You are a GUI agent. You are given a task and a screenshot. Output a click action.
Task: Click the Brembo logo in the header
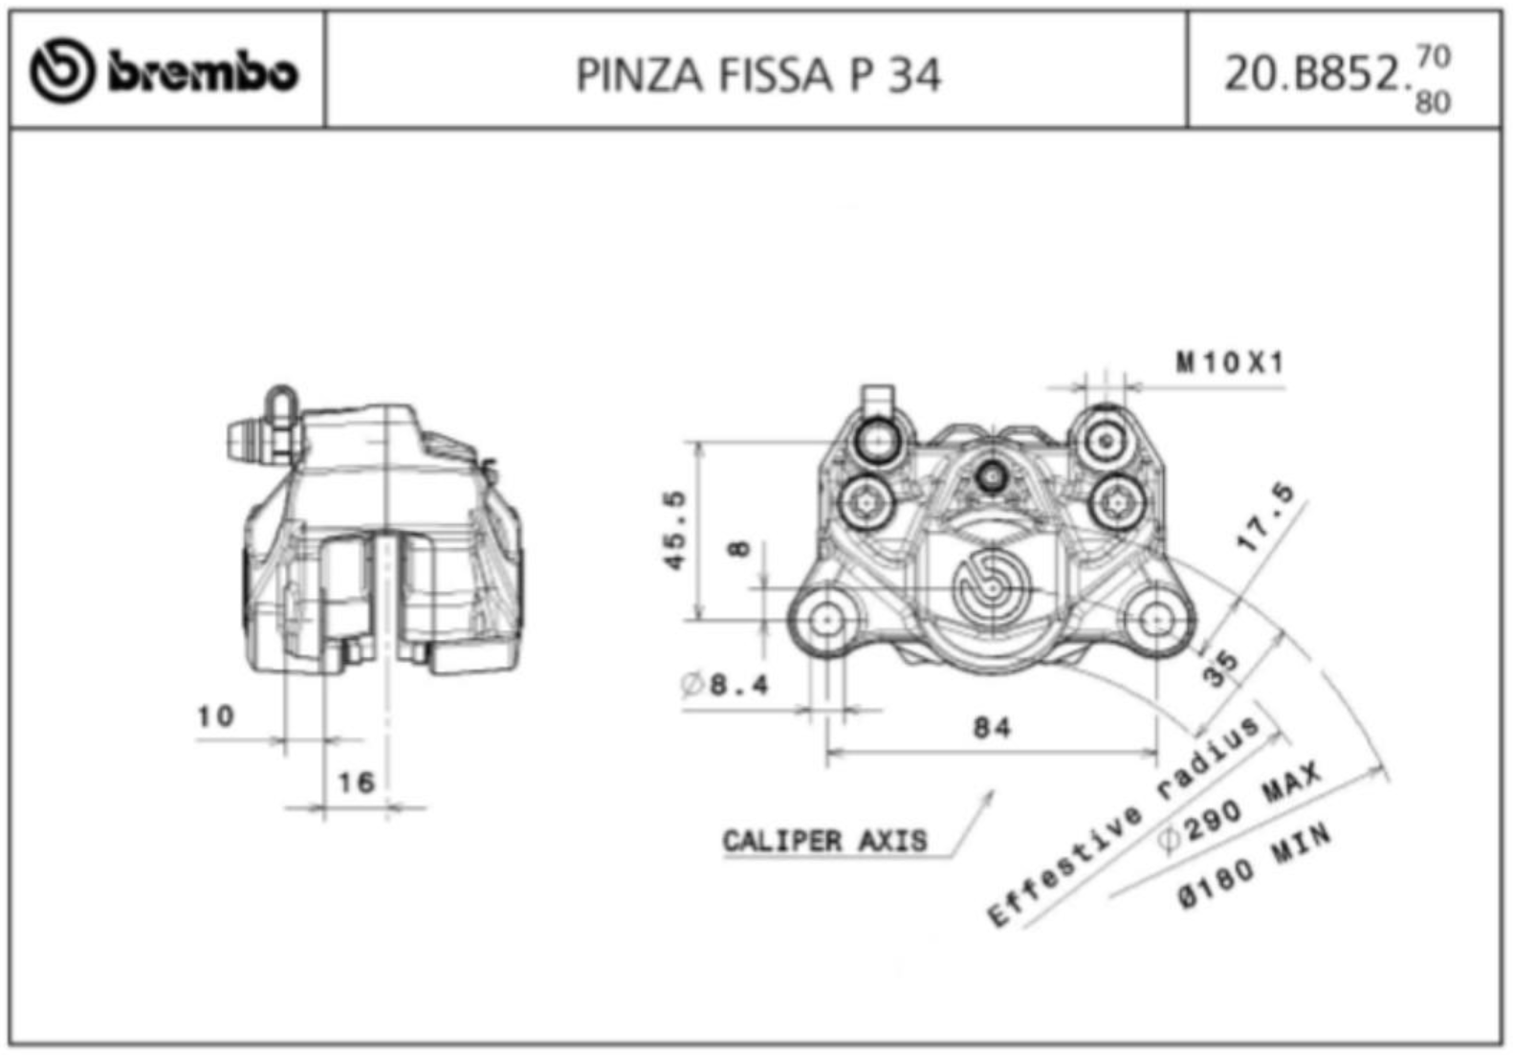point(164,71)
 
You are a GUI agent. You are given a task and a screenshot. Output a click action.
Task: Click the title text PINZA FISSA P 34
point(757,75)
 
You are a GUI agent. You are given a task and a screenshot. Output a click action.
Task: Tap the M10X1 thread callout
point(1230,363)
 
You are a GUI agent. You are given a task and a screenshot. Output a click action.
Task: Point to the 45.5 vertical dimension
point(675,531)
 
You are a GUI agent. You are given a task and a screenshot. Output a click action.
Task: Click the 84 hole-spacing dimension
point(992,728)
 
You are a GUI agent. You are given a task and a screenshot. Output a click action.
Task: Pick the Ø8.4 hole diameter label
point(725,685)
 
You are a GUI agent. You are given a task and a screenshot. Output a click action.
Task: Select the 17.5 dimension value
point(1266,518)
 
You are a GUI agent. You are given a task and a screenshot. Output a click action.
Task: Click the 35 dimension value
point(1221,669)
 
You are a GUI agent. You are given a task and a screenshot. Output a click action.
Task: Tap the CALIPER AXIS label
point(824,841)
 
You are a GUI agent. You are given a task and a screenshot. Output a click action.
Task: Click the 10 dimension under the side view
point(215,715)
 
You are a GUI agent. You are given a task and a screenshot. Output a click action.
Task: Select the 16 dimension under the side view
point(356,782)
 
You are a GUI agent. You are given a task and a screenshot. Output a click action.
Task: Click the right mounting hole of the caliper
point(1156,620)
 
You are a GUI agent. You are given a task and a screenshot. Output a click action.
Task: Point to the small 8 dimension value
point(739,549)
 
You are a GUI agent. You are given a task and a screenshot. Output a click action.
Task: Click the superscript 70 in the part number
point(1433,56)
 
